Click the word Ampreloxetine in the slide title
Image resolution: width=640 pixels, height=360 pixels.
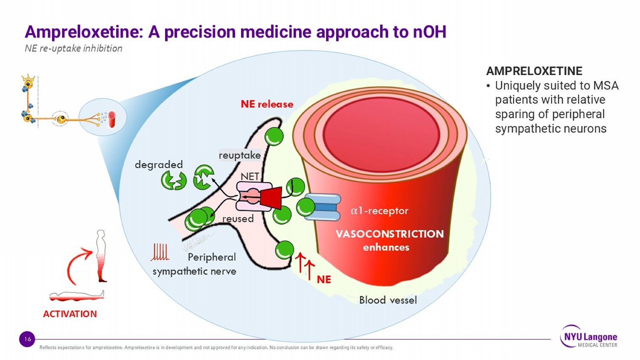(x=83, y=32)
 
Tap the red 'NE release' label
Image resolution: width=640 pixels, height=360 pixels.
(x=267, y=104)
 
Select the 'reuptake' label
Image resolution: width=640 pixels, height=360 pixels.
(x=239, y=155)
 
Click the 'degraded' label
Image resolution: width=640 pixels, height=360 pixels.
(x=159, y=165)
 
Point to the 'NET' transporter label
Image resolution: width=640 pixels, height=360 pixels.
(x=250, y=176)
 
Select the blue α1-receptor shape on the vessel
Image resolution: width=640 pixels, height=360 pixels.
(x=322, y=207)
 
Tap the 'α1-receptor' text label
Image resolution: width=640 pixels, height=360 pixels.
(x=379, y=211)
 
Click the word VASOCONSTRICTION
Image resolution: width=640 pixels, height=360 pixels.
(x=390, y=234)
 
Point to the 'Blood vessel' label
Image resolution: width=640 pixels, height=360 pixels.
(x=388, y=300)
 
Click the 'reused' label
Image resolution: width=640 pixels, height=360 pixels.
(x=238, y=219)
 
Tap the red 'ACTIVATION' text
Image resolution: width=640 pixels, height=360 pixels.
(x=70, y=314)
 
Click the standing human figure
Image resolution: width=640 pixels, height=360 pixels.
(x=101, y=256)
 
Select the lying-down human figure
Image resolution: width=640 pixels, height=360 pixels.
(x=77, y=295)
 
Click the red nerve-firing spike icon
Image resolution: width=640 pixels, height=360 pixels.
(x=160, y=252)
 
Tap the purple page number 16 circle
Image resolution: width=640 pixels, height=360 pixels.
(x=27, y=339)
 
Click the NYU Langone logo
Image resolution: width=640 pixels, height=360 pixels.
(x=589, y=337)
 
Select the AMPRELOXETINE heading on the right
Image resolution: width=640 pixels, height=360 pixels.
(x=534, y=71)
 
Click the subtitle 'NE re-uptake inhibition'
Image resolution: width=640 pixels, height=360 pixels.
(x=73, y=48)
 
